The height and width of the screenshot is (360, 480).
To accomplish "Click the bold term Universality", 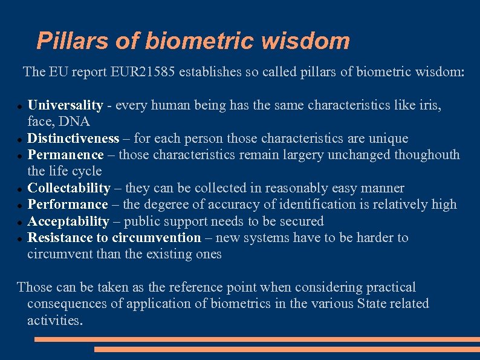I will coord(65,105).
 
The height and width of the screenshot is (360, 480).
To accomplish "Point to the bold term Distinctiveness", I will coord(73,139).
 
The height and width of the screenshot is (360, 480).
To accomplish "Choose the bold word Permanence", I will coord(66,155).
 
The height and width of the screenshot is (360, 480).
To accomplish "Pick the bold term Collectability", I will coord(69,188).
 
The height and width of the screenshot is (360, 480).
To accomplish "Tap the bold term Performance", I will coord(68,205).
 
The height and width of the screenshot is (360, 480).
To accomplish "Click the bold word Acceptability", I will coord(68,221).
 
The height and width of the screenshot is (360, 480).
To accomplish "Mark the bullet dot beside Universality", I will coord(21,106).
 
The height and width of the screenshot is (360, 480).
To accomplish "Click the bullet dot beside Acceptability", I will coord(21,222).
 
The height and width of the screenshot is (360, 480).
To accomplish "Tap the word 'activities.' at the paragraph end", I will coord(55,320).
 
